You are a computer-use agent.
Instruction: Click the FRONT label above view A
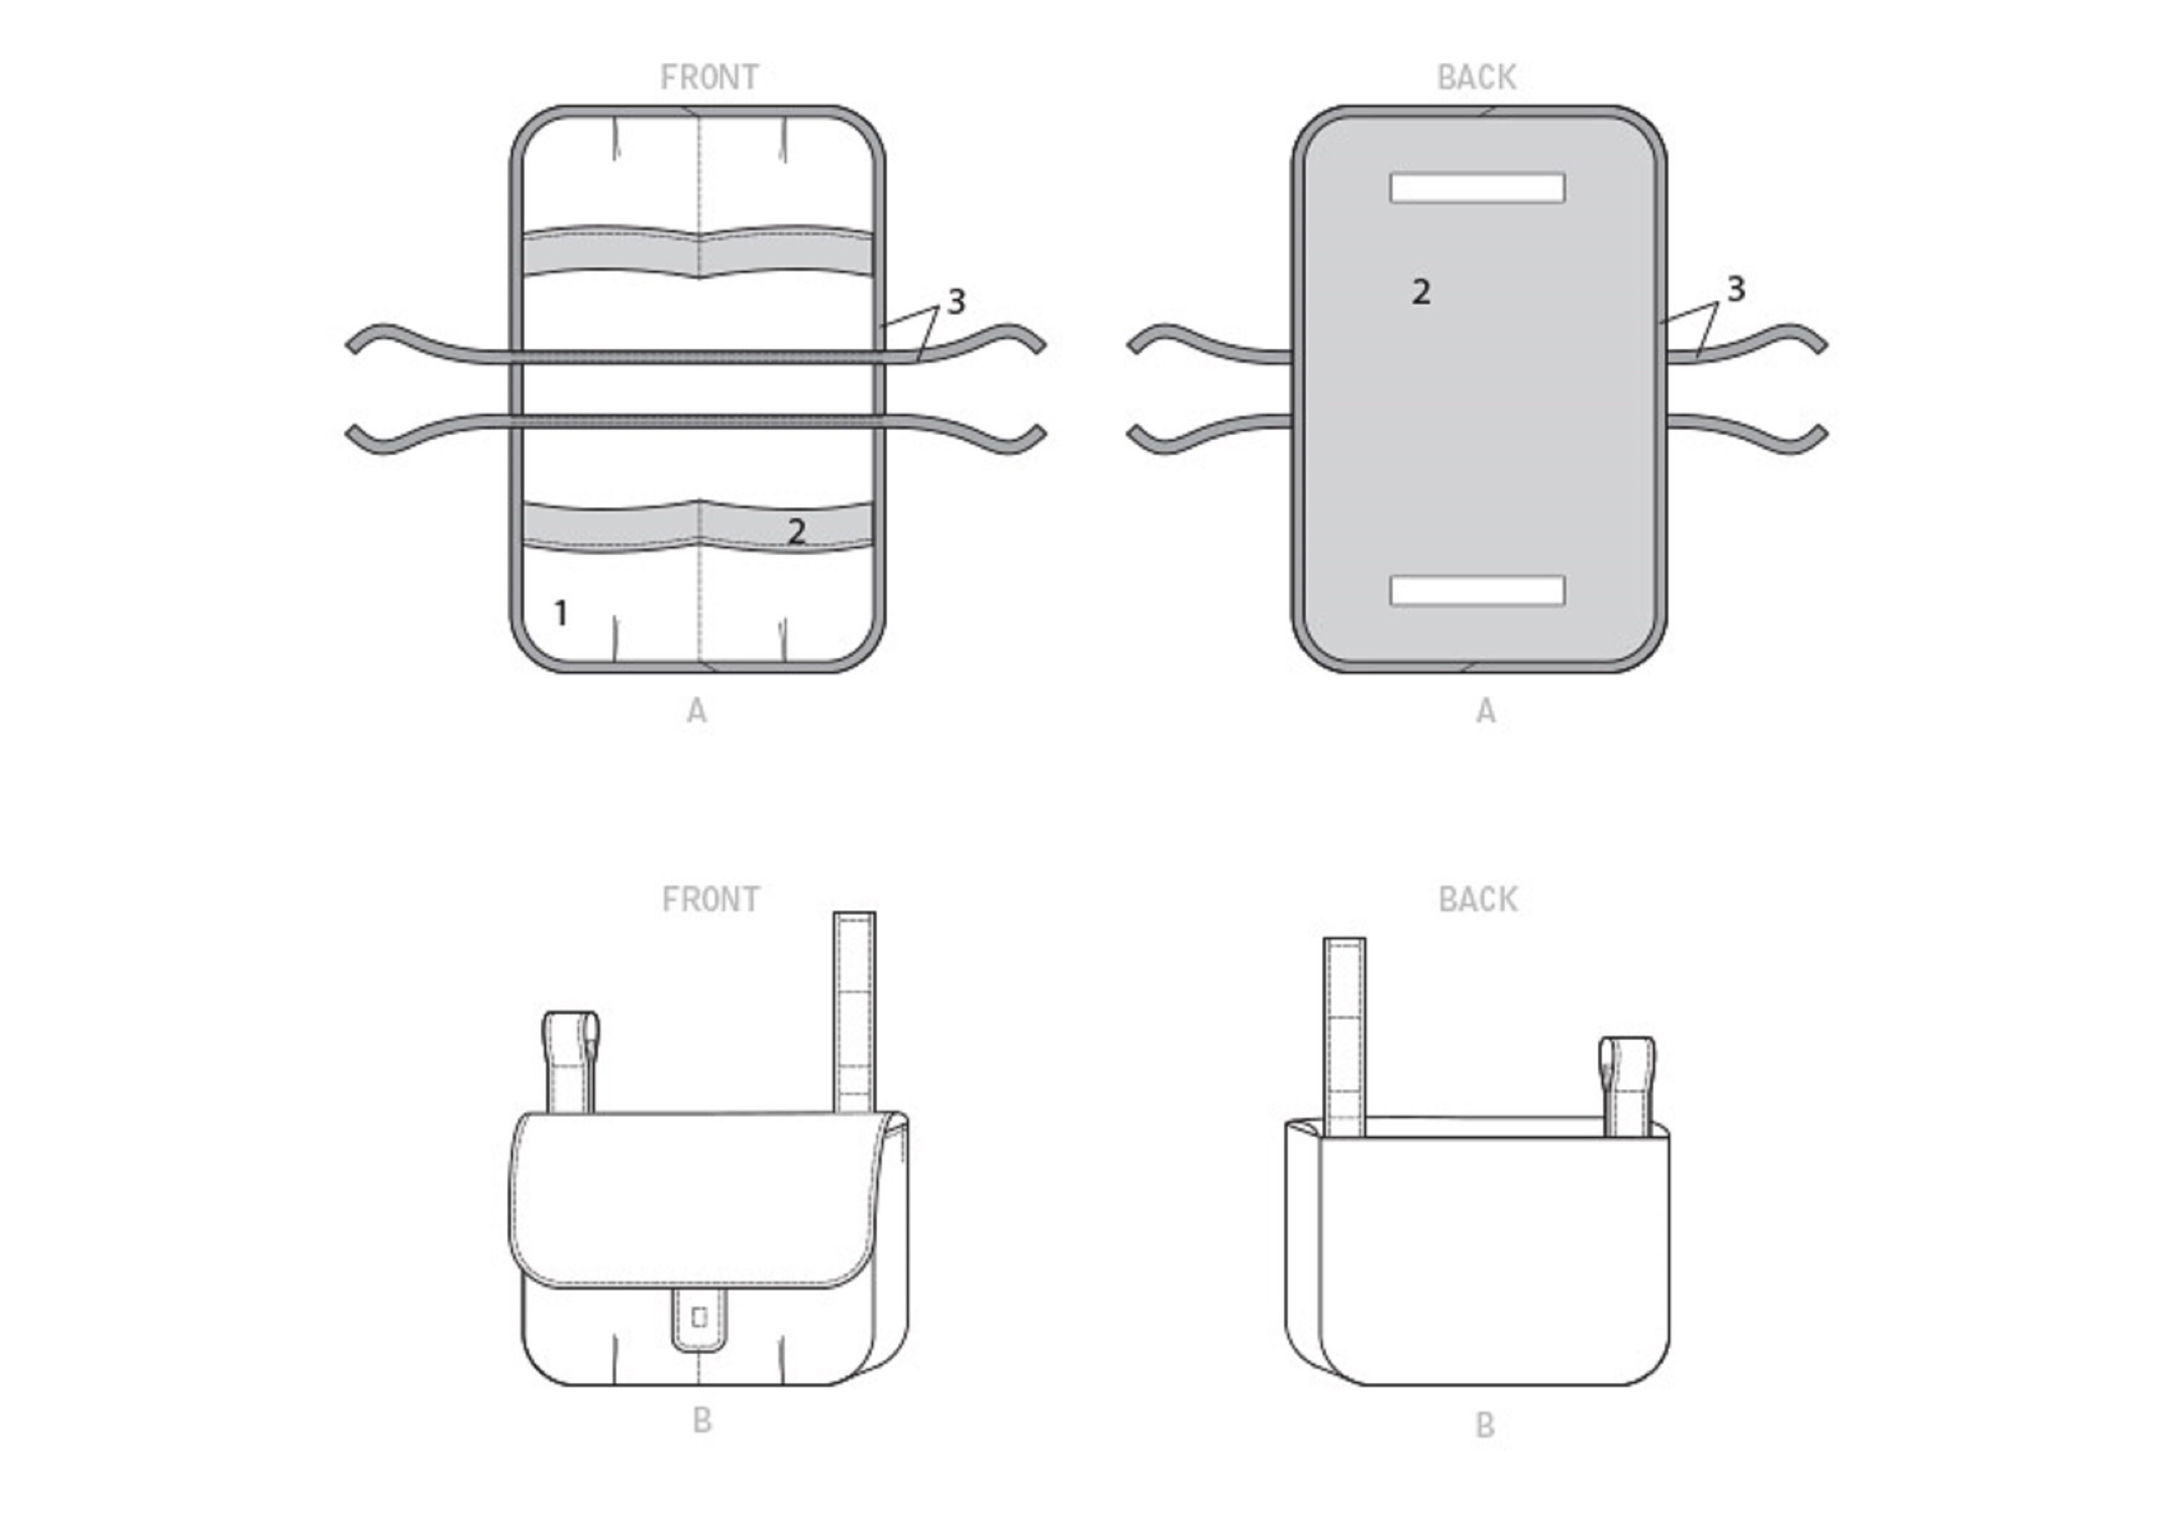click(709, 77)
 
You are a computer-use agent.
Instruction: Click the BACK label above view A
click(1476, 77)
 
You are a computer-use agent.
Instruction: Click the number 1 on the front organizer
click(561, 613)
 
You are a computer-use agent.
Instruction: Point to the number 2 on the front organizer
click(796, 530)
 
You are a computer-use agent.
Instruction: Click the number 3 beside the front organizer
click(956, 302)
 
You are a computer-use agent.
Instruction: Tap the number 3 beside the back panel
click(1735, 289)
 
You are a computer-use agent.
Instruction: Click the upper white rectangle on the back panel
click(1477, 187)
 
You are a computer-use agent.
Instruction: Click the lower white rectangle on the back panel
click(1477, 590)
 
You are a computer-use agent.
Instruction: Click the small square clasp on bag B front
click(699, 1316)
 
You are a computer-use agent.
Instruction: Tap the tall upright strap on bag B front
click(854, 1012)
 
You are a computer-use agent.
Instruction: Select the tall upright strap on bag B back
click(1344, 1036)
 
